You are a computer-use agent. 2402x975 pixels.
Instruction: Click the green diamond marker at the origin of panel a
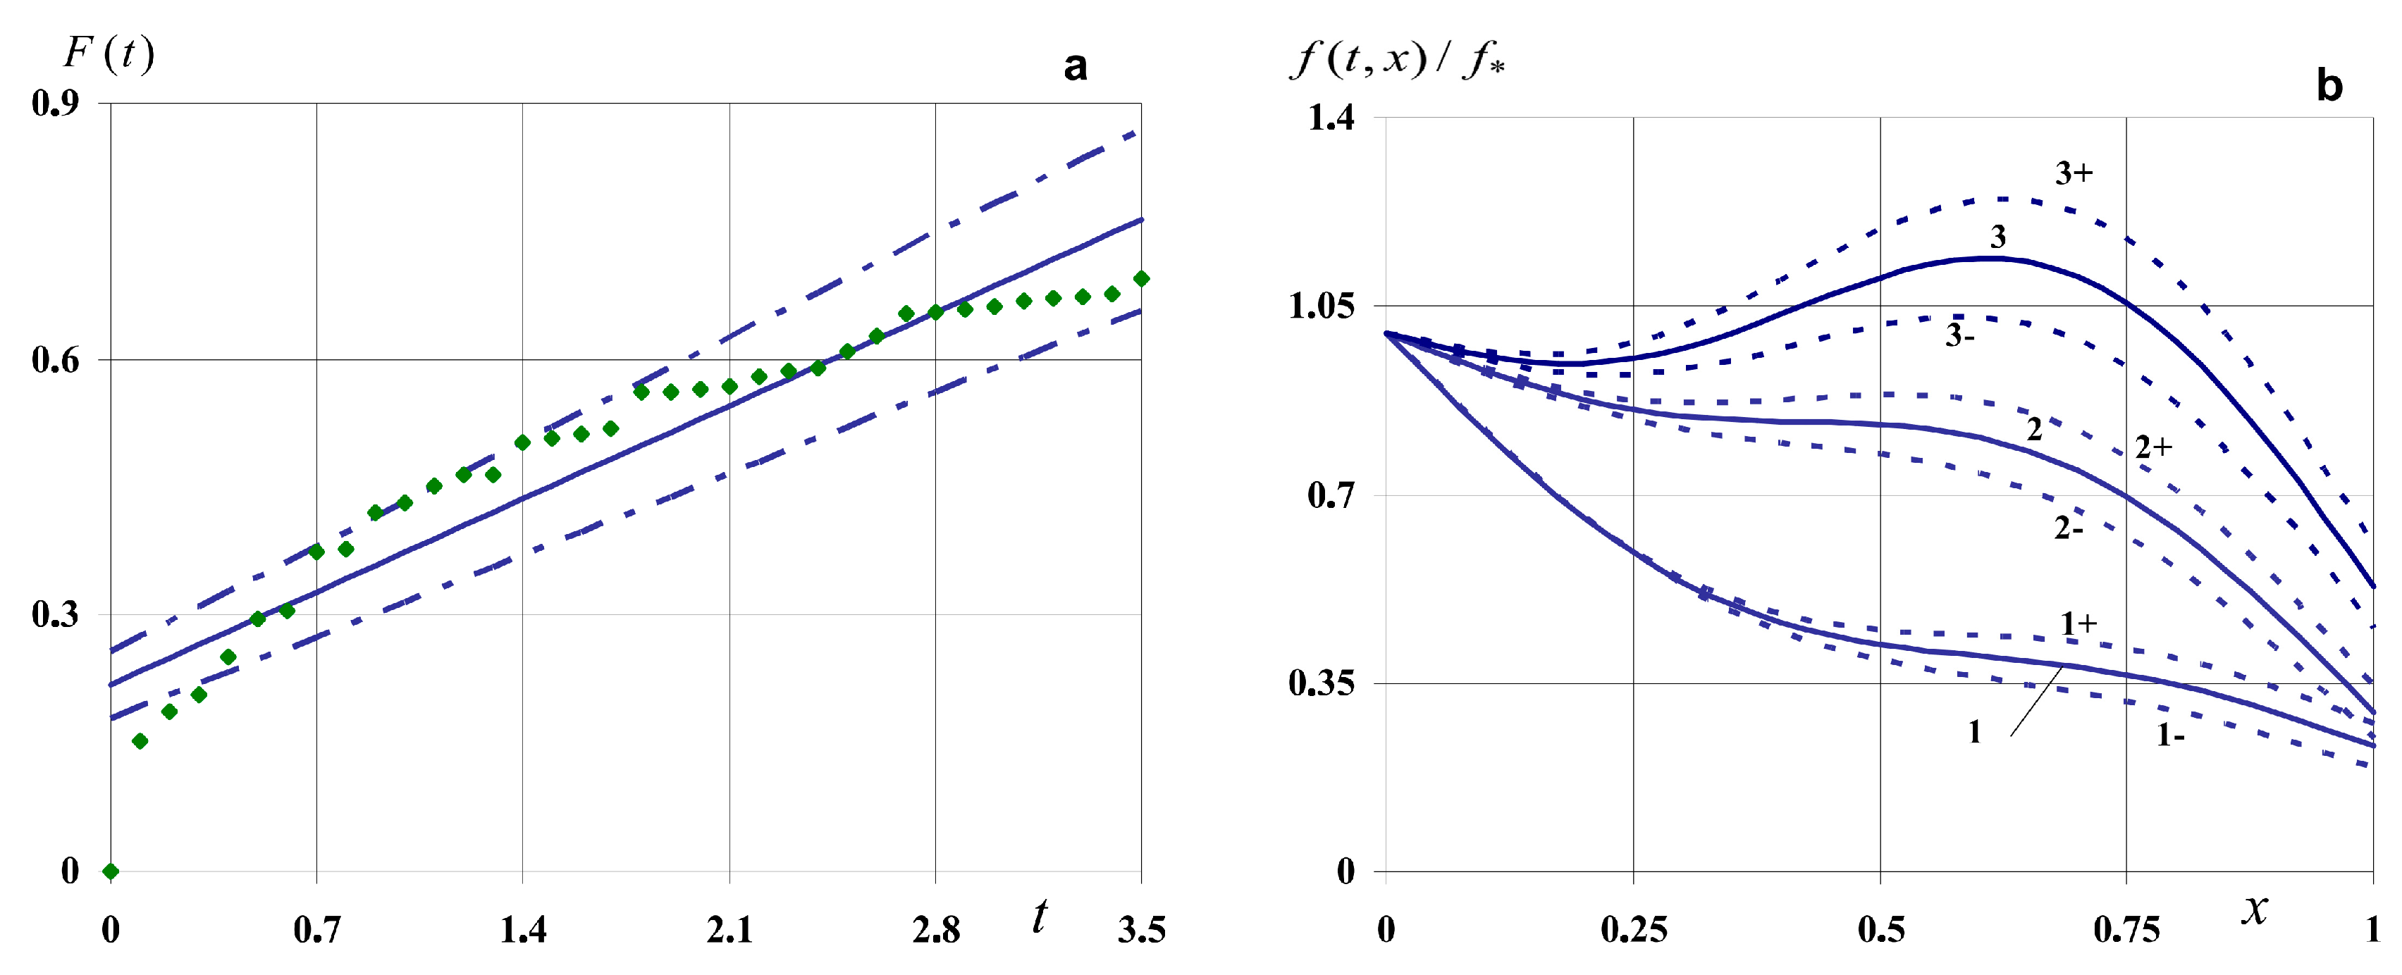coord(111,871)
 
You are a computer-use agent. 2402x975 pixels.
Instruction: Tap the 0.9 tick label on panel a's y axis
coord(55,103)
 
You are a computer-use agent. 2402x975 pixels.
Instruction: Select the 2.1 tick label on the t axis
coord(729,929)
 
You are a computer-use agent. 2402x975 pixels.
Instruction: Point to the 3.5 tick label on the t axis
coord(1141,929)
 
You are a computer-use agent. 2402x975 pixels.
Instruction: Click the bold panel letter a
coord(1075,67)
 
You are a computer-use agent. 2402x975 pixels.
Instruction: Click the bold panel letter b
coord(2328,86)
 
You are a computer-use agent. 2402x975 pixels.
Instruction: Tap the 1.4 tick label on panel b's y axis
coord(1331,118)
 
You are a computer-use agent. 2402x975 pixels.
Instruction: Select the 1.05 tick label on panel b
coord(1322,306)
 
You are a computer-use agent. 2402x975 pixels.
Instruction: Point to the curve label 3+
coord(2074,173)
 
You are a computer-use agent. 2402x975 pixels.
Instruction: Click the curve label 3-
coord(1960,335)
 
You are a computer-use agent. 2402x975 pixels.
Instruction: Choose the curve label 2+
coord(2154,447)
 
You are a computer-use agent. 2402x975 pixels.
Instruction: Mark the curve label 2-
coord(2068,528)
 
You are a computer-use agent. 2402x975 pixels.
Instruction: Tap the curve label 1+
coord(2078,623)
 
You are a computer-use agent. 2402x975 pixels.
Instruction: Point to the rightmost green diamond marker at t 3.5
coord(1141,279)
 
